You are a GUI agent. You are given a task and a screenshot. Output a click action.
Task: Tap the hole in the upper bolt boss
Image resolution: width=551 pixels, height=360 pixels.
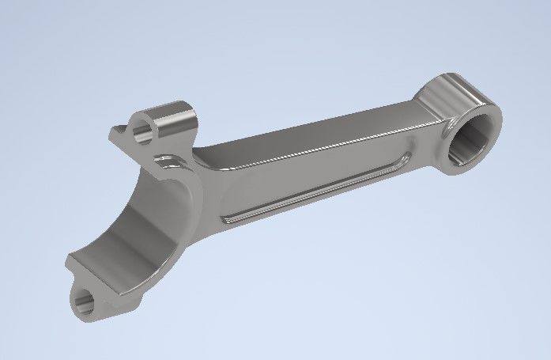coord(143,127)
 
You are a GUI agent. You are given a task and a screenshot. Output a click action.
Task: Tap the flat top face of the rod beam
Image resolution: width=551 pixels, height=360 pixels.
coord(316,138)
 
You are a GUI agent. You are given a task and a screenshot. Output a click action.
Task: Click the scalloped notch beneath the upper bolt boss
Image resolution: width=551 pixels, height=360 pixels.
coord(168,167)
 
